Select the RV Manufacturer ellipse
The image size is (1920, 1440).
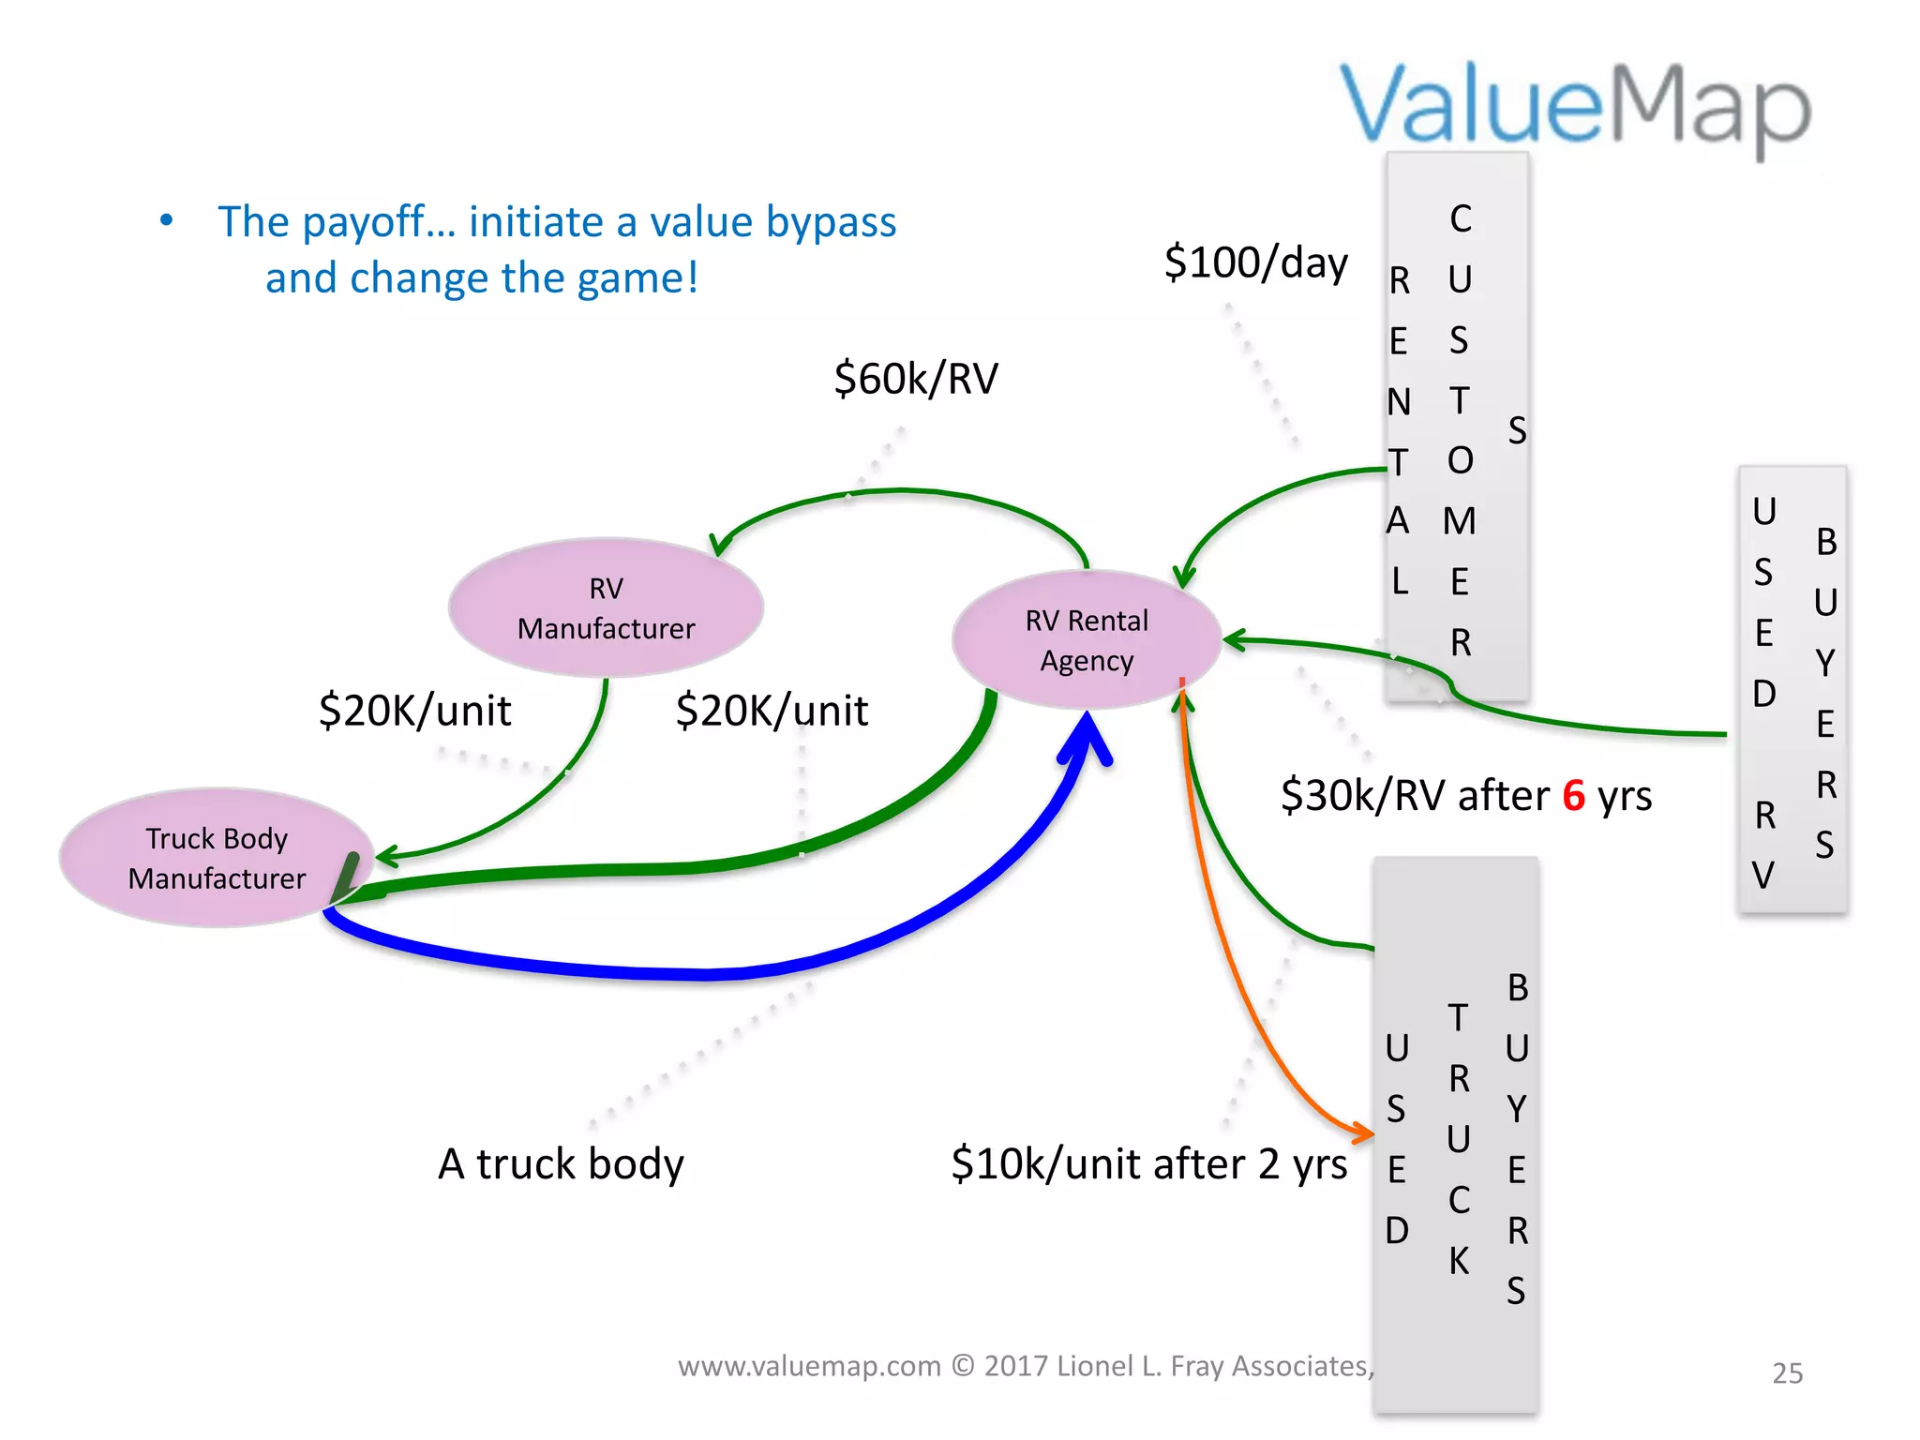coord(606,607)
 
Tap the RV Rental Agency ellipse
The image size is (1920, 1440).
coord(1087,639)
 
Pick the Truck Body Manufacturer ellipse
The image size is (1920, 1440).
coord(217,858)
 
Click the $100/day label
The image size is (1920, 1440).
coord(1255,262)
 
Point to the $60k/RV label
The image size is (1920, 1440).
coord(916,379)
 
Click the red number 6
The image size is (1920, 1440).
coord(1573,796)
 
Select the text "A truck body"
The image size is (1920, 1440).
coord(561,1164)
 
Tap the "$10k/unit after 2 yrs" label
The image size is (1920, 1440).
coord(1148,1164)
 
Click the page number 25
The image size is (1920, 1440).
coord(1787,1373)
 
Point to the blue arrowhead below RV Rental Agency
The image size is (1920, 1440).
coord(1087,736)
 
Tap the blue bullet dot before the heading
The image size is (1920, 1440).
coord(167,221)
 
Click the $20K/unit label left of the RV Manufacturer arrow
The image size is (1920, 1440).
coord(414,711)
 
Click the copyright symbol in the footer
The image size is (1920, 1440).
coord(963,1366)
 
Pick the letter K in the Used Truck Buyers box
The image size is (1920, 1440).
coord(1459,1261)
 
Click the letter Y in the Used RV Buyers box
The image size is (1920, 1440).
coord(1824,663)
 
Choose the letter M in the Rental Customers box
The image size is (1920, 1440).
coord(1460,521)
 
